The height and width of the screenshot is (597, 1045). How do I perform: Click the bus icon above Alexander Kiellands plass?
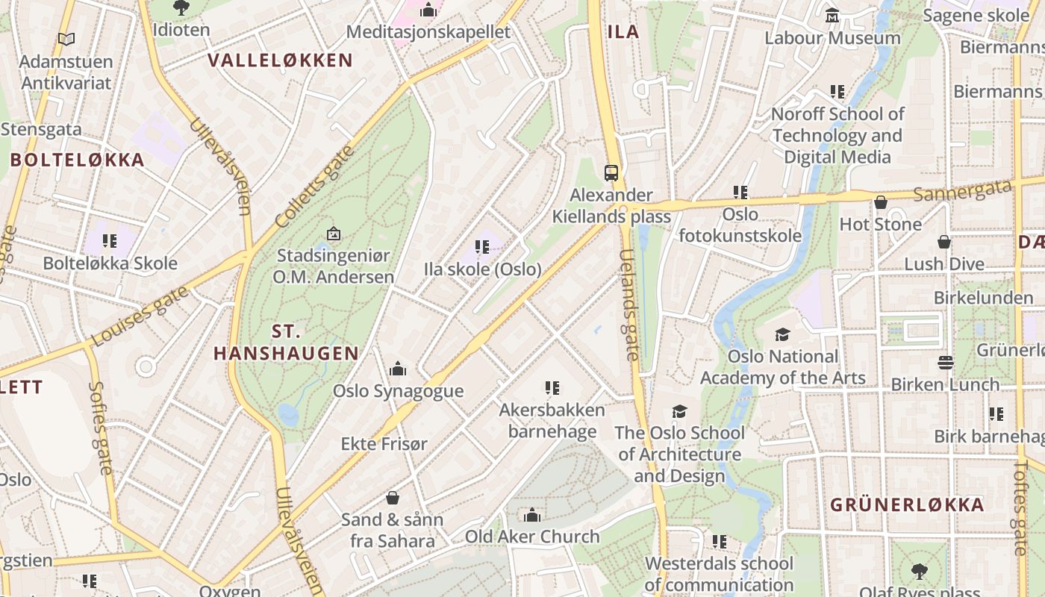point(611,173)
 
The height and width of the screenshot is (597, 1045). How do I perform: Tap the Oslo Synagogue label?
point(398,391)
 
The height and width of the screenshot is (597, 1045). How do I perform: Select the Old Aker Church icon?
point(532,515)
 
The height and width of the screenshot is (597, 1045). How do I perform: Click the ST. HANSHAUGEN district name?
point(286,343)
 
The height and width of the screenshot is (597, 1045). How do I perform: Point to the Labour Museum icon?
point(832,15)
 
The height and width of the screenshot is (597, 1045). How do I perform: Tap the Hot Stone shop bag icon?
point(881,202)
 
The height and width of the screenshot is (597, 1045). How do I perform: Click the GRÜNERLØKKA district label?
point(907,505)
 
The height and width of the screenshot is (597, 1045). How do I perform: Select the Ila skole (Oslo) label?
point(482,269)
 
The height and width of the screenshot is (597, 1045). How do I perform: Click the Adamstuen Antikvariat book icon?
point(66,39)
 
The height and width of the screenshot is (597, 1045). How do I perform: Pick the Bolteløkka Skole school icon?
point(110,241)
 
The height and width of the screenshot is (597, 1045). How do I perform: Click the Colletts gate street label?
point(313,187)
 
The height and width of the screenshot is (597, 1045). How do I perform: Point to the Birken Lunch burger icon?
point(946,363)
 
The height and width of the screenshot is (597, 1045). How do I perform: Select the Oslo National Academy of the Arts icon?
point(782,335)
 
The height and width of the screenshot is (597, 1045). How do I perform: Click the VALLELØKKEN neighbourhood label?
point(280,60)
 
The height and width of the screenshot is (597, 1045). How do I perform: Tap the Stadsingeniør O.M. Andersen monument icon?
point(333,234)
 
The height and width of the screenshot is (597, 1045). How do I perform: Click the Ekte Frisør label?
point(384,444)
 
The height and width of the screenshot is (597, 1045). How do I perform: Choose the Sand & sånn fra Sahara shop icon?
point(393,498)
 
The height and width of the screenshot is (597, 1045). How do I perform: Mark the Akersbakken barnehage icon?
point(552,388)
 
